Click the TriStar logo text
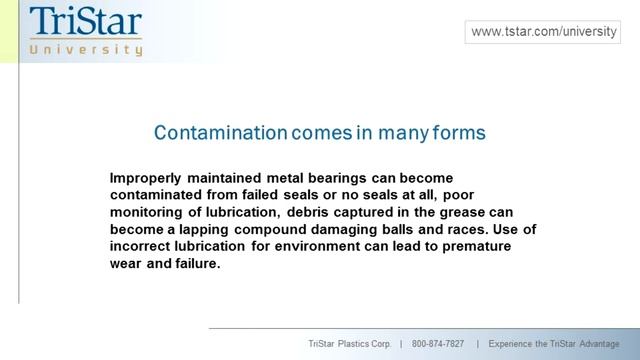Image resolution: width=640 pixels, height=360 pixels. [86, 21]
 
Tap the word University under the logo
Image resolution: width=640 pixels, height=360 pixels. [86, 48]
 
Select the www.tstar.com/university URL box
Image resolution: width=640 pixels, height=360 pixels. [544, 32]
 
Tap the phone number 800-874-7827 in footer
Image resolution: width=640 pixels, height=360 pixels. [438, 344]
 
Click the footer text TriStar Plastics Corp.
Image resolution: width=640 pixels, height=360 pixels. [349, 344]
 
